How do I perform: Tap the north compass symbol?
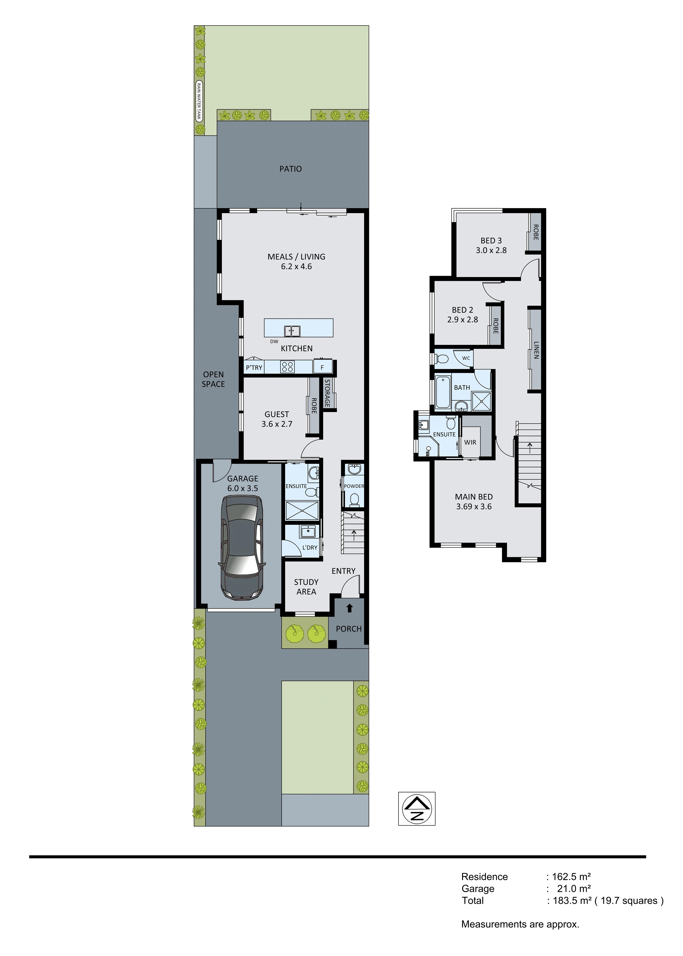[x=416, y=808]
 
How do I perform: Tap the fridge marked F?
[x=322, y=367]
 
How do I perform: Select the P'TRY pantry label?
[x=254, y=368]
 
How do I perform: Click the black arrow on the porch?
[x=349, y=608]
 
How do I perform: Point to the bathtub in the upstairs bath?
[x=443, y=393]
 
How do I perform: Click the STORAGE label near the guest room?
[x=327, y=393]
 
